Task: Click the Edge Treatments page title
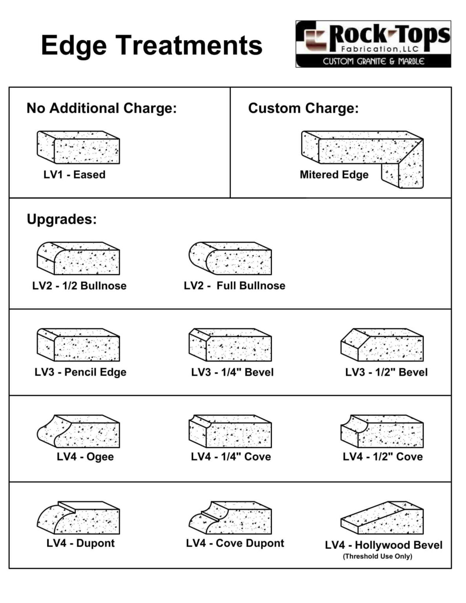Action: pos(152,45)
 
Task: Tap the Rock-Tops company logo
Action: pos(373,44)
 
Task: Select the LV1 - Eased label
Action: pos(75,175)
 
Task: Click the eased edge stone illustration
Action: pos(79,148)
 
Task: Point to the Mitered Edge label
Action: pos(334,175)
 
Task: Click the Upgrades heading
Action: pos(62,219)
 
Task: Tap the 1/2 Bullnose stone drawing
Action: pos(79,258)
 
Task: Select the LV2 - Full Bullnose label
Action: pos(234,286)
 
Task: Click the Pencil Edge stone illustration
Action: pos(79,345)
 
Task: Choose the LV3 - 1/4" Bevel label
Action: pos(232,372)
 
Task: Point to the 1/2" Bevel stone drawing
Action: pos(382,345)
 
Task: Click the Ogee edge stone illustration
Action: pos(79,431)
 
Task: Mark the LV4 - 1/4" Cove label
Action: pos(231,457)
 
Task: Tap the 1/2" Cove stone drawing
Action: pos(382,431)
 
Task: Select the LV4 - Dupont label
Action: pos(80,543)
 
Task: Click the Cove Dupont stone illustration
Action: pos(230,517)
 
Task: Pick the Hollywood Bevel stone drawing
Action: pos(382,517)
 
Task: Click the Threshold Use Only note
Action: pos(378,556)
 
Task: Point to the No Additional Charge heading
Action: pos(102,108)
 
